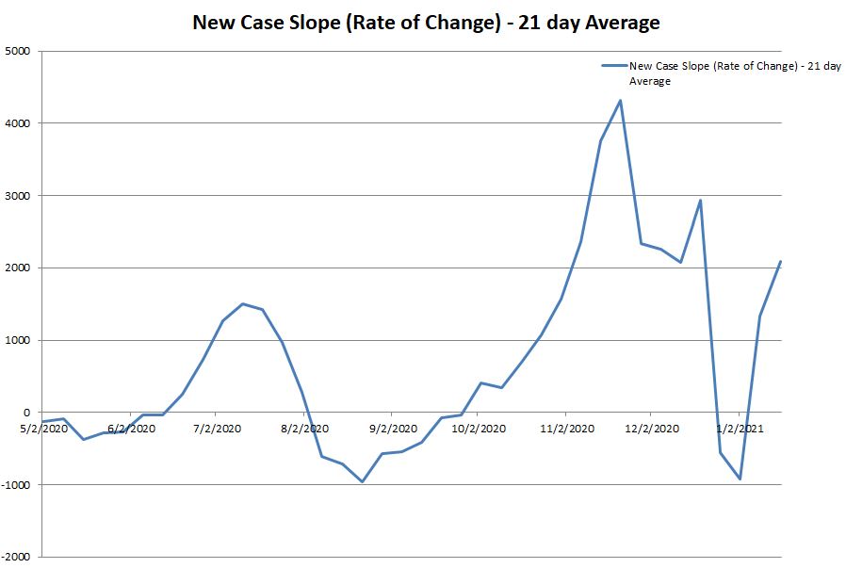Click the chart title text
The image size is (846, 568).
[x=426, y=22]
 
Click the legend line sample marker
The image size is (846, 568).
[x=614, y=66]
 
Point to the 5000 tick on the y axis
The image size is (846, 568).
[x=18, y=51]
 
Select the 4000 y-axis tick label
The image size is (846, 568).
[x=18, y=123]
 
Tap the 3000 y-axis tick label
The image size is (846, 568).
[x=18, y=196]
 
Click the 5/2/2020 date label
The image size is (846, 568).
[x=42, y=429]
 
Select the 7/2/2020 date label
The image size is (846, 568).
[x=217, y=429]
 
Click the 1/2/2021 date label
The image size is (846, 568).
[x=740, y=429]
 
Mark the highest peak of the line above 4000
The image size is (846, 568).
[x=620, y=100]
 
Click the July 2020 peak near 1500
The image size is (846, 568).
[x=242, y=303]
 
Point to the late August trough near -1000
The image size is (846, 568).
[x=362, y=481]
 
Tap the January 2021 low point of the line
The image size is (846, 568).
[x=740, y=479]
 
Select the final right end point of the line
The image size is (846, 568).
[x=781, y=261]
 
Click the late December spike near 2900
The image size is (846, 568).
[x=700, y=200]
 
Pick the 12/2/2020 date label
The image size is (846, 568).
[x=652, y=429]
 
